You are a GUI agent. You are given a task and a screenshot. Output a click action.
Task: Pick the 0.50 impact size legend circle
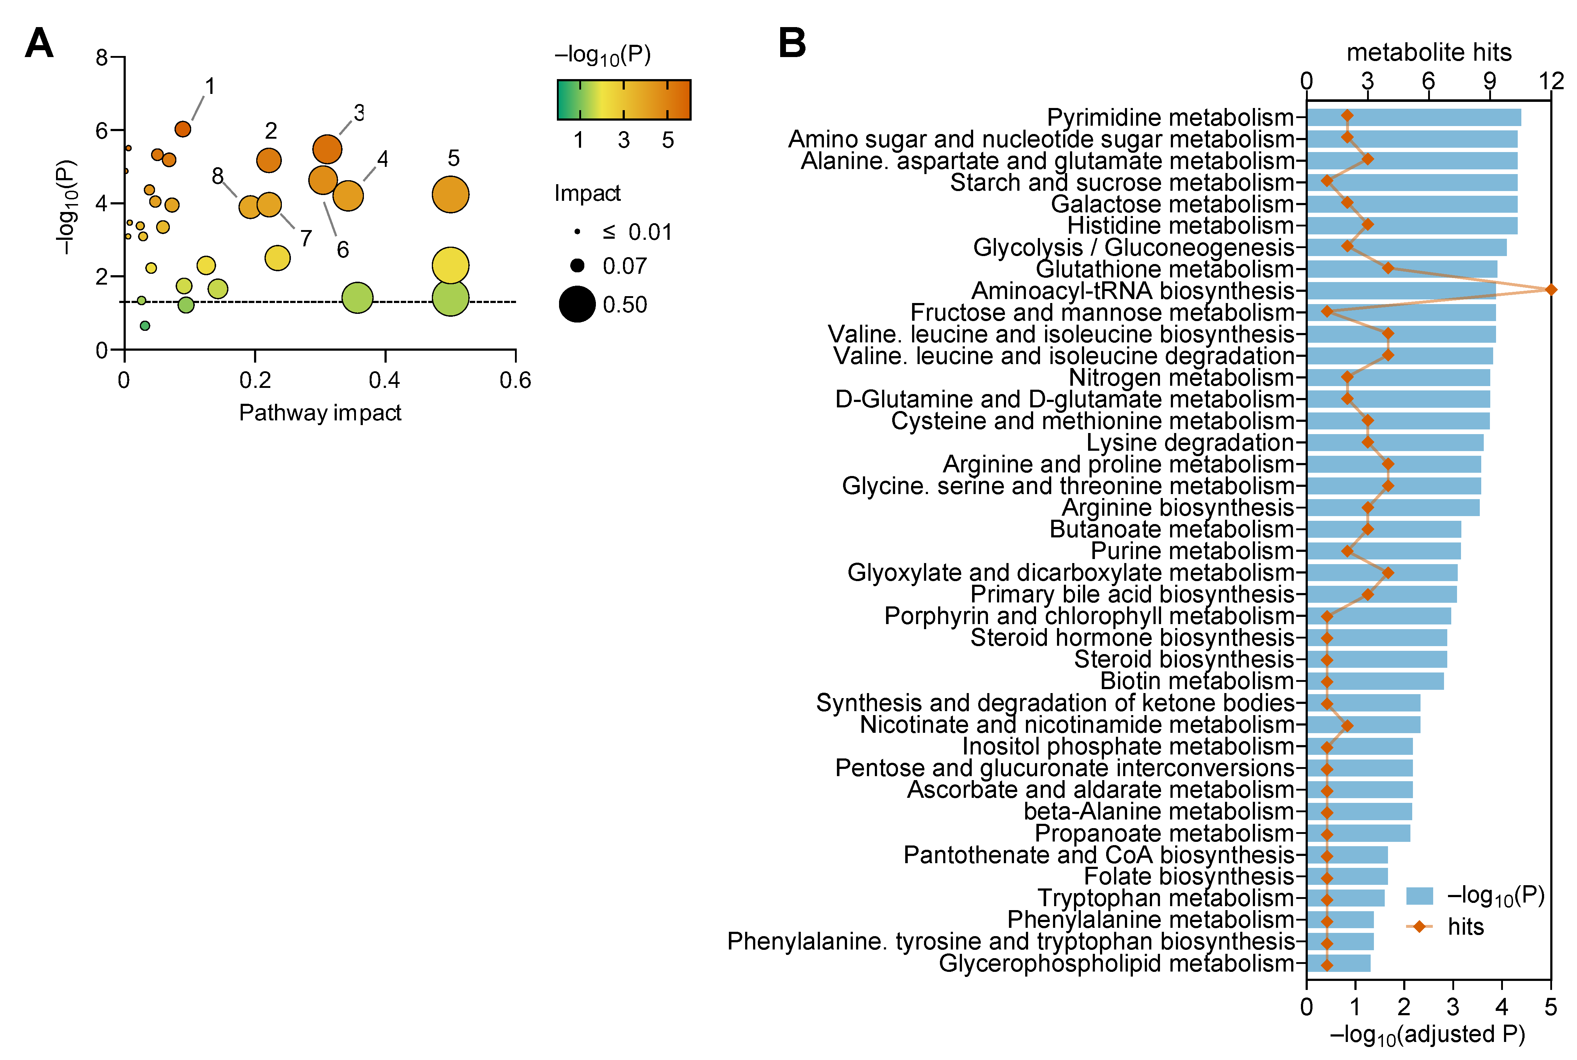pos(577,304)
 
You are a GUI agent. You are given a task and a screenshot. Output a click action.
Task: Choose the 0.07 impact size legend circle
pos(577,266)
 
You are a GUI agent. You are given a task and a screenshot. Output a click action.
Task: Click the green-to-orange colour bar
pos(623,100)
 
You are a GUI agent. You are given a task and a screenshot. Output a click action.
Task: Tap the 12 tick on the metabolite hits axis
pos(1551,81)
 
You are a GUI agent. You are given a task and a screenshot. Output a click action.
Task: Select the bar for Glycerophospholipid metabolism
pos(1339,963)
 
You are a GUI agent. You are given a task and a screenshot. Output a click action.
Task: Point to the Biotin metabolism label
pos(1197,681)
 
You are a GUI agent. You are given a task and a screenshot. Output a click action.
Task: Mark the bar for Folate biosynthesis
pos(1347,877)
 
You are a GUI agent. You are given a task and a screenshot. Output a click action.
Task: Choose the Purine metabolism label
pos(1191,551)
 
